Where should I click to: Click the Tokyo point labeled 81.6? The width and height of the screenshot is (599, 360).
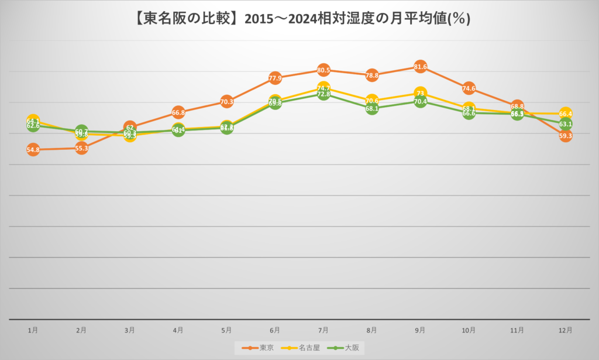420,67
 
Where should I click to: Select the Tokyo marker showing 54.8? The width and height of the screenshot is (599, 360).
33,150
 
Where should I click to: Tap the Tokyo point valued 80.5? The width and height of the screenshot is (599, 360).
323,70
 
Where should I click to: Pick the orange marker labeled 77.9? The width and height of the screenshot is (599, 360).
275,78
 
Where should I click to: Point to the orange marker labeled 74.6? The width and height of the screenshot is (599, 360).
469,88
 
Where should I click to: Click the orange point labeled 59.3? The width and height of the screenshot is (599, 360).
565,136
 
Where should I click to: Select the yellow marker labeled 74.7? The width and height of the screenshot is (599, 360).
323,88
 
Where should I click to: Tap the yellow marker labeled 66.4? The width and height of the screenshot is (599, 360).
565,114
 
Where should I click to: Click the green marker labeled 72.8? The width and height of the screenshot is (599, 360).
323,94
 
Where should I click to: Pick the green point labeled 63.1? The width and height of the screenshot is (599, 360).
565,124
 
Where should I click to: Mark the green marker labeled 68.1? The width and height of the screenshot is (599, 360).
372,108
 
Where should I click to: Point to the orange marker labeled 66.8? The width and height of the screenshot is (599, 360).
178,112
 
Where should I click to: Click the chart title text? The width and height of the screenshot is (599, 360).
299,18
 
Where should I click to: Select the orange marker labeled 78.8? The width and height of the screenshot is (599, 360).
372,76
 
